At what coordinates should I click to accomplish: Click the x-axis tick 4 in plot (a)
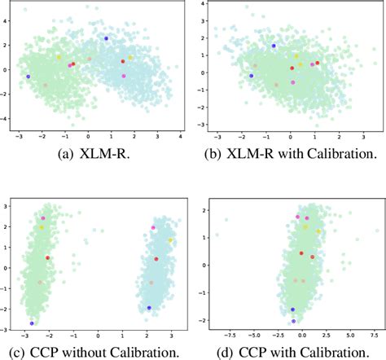click(x=179, y=135)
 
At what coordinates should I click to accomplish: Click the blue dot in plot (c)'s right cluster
click(x=149, y=308)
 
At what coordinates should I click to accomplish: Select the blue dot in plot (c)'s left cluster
click(x=32, y=323)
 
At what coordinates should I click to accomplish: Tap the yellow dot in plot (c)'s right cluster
click(x=170, y=240)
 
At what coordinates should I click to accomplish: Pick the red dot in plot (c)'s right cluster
click(x=156, y=259)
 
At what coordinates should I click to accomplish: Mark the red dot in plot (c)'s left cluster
click(x=47, y=258)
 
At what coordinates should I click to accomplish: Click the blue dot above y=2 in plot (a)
click(x=106, y=38)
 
